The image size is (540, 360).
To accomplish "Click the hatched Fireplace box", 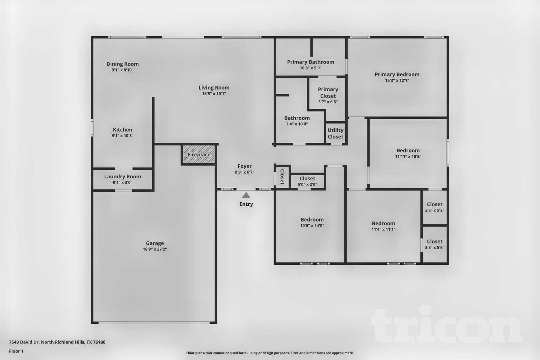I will (199, 155).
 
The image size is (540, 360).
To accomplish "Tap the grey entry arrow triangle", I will (246, 195).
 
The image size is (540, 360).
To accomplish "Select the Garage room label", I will (155, 243).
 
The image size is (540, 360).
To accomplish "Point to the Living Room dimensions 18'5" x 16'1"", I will (214, 94).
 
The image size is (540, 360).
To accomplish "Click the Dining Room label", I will (123, 64).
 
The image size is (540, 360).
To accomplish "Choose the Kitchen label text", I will (123, 130).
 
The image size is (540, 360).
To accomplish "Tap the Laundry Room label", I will (123, 176).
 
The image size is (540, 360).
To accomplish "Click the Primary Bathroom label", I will (310, 62).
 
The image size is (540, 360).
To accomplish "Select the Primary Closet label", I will (328, 93).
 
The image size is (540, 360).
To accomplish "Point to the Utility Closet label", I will (335, 133).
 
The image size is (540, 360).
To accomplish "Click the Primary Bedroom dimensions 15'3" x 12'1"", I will (397, 80).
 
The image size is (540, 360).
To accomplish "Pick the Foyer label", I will (245, 166).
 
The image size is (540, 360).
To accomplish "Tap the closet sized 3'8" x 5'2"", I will (434, 207).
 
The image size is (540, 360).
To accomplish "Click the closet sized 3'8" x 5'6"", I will (434, 244).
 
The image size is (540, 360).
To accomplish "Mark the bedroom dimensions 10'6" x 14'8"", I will (312, 226).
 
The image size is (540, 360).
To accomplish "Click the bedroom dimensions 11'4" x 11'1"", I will (383, 229).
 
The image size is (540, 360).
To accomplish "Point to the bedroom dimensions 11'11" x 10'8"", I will (408, 156).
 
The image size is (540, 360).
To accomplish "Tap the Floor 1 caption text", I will (16, 351).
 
